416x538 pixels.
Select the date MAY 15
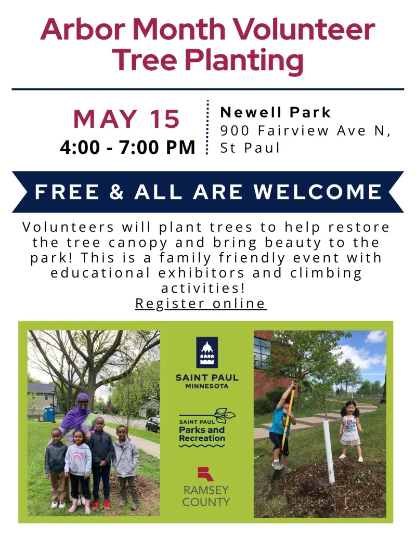click(126, 120)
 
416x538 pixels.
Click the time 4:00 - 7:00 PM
click(127, 147)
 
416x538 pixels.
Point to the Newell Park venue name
click(276, 112)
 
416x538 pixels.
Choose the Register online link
click(201, 303)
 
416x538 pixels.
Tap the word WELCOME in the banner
click(318, 192)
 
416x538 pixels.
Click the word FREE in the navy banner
click(66, 192)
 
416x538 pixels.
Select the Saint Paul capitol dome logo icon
click(207, 352)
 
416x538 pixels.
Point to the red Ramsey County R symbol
click(206, 474)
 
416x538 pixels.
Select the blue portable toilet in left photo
click(50, 414)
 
